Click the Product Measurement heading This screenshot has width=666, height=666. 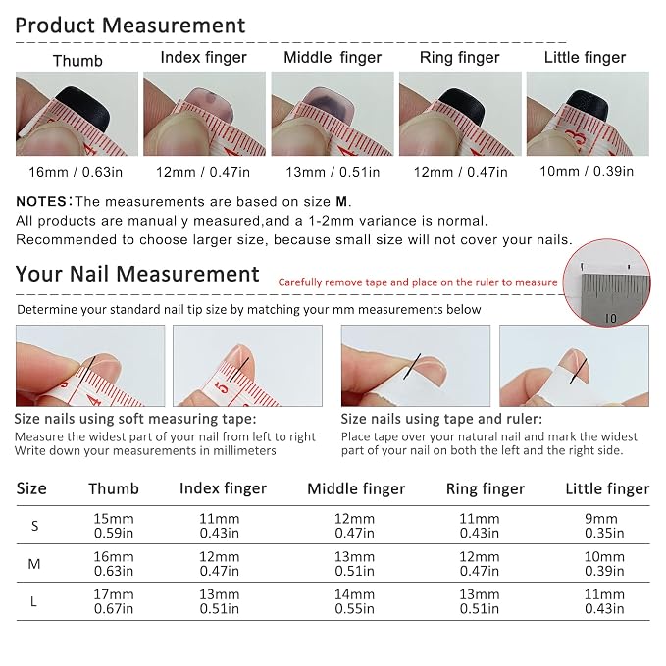point(130,26)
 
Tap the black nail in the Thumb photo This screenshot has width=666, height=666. point(84,108)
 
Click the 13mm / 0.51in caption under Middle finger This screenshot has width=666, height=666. point(333,172)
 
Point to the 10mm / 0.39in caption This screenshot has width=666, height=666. point(587,172)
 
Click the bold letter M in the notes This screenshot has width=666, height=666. point(341,201)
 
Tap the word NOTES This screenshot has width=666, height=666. point(41,201)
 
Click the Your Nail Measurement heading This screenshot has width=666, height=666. point(137,274)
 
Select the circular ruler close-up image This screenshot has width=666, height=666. point(606,282)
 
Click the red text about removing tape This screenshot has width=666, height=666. point(418,282)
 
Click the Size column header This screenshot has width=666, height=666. point(31,488)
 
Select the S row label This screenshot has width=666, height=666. point(35,526)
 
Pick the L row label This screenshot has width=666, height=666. point(33,601)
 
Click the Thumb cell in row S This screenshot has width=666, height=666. point(114,526)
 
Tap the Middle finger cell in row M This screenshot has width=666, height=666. point(354,564)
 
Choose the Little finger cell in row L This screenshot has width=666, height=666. point(604,601)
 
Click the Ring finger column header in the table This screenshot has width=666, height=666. point(486,488)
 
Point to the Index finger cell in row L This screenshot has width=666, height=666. point(219,601)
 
